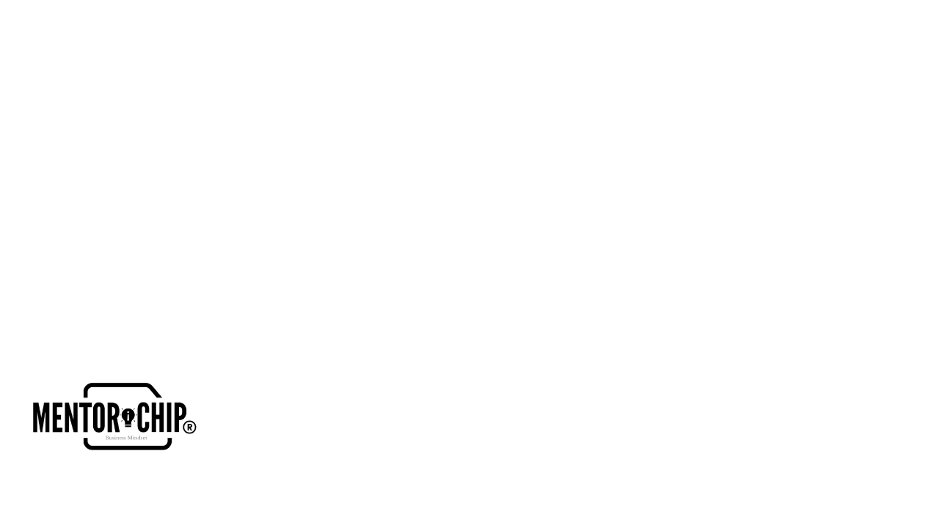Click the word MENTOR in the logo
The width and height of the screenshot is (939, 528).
73,417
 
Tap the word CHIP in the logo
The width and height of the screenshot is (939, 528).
161,417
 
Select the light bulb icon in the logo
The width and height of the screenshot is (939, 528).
128,417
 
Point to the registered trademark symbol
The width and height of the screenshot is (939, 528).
189,427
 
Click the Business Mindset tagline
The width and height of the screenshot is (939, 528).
126,438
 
